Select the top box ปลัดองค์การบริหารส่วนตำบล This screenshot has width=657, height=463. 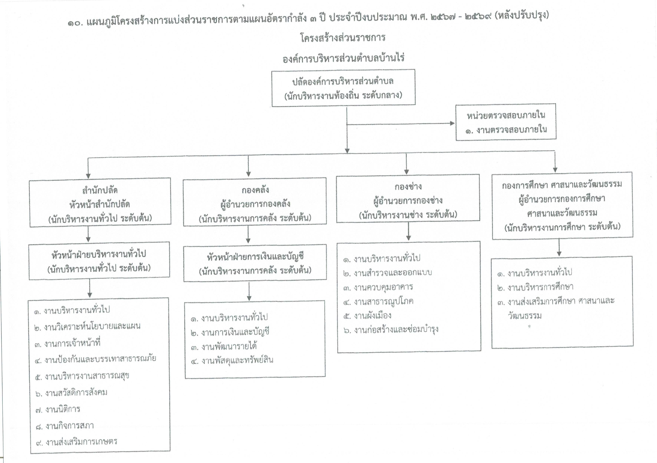pyautogui.click(x=343, y=88)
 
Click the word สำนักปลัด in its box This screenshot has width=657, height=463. pyautogui.click(x=100, y=190)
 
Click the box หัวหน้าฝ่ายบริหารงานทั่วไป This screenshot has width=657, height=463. pyautogui.click(x=99, y=261)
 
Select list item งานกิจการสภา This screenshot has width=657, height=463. pyautogui.click(x=64, y=426)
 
